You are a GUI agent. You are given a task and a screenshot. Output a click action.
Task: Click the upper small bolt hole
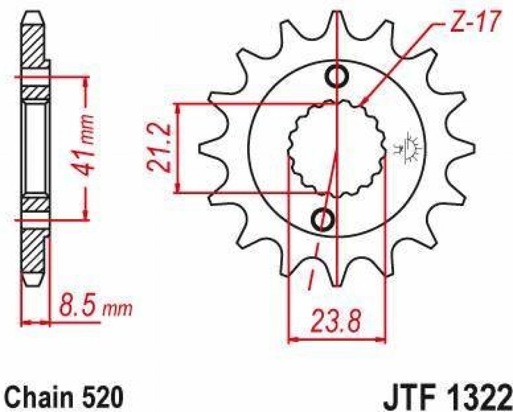point(337,76)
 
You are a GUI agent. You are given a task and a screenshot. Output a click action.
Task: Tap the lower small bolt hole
point(323,219)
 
